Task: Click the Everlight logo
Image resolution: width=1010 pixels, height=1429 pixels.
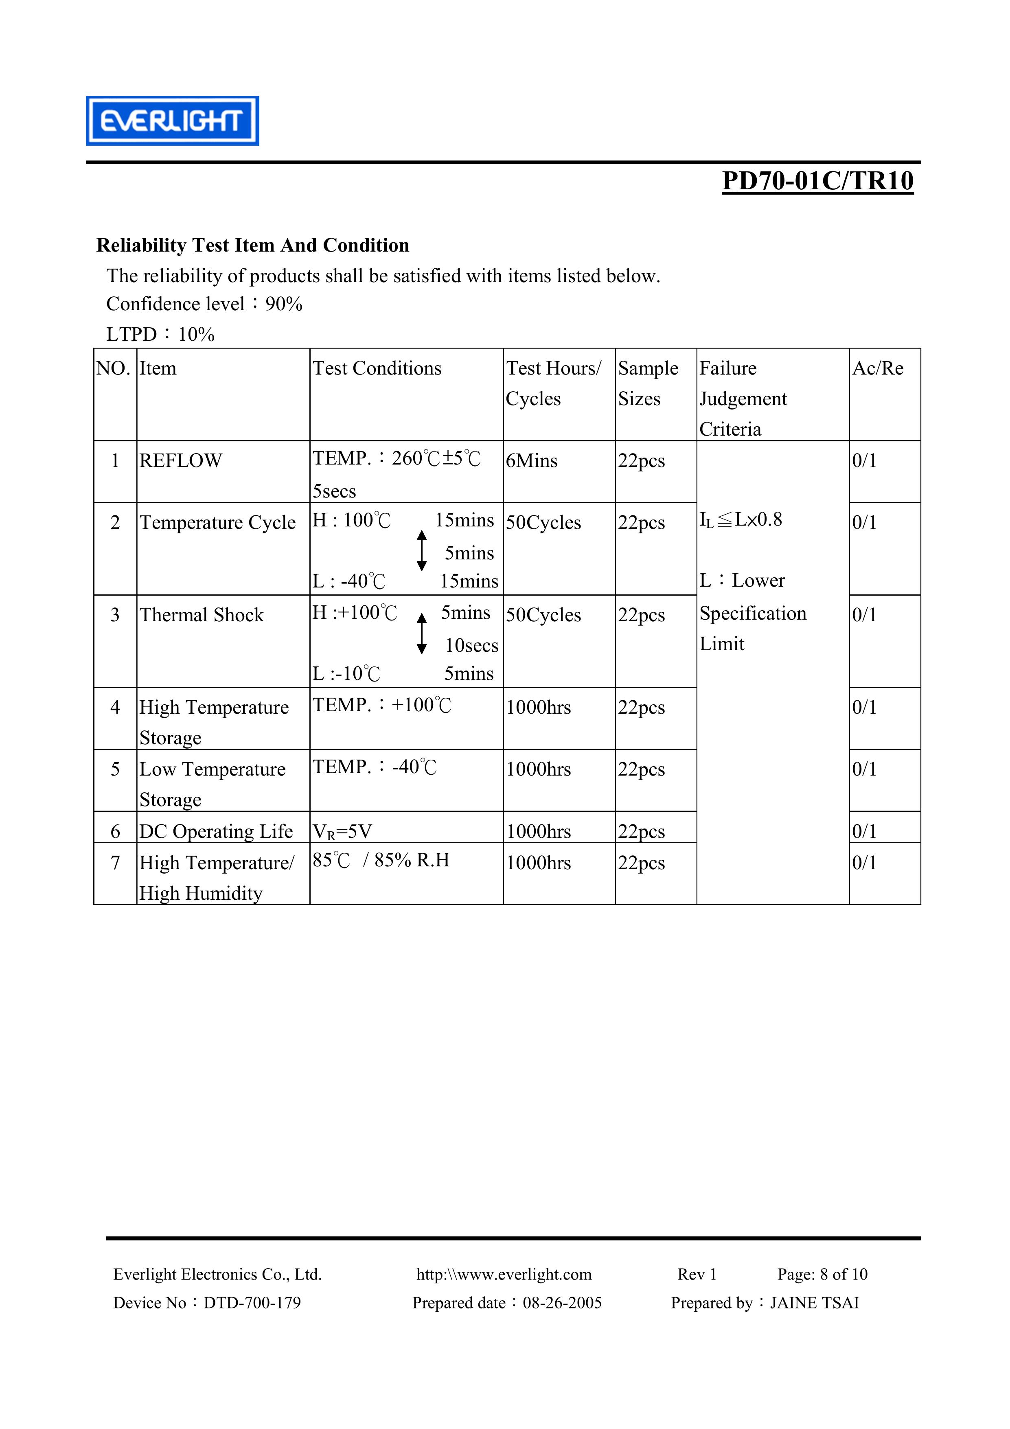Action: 172,121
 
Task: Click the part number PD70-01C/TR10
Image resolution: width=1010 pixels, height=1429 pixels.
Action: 817,181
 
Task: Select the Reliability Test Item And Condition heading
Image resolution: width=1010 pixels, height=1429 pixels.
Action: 253,245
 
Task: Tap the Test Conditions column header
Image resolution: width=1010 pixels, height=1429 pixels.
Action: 377,368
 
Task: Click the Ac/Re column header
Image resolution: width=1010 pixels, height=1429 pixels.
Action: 877,368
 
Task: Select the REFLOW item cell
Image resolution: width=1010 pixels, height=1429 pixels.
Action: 180,460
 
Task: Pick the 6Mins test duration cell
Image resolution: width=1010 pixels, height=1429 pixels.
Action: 531,460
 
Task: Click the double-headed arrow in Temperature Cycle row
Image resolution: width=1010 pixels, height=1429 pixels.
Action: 422,551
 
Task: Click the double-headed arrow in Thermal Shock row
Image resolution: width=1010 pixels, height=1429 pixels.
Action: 422,633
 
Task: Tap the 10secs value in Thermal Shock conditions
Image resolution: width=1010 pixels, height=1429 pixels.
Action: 471,645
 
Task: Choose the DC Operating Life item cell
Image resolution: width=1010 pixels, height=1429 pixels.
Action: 216,831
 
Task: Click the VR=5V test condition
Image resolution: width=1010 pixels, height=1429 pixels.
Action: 342,831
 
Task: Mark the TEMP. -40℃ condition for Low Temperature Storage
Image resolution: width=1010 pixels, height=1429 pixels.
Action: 375,767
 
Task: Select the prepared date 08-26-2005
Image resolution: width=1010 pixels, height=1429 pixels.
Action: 562,1303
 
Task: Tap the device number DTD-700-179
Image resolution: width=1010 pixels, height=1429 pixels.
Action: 252,1303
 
